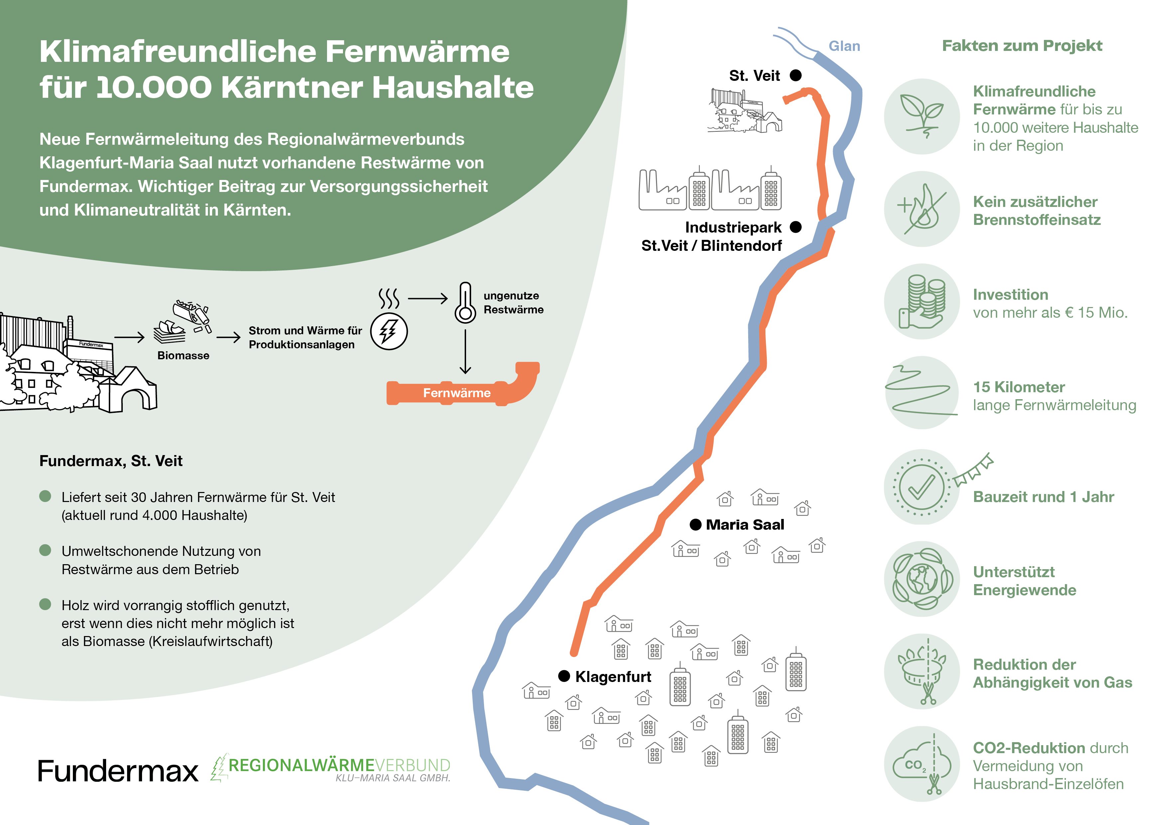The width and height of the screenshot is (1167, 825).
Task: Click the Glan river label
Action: coord(844,46)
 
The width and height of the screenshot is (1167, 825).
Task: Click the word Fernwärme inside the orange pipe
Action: coord(456,393)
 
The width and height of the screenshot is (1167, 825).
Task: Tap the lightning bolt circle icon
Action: coord(389,331)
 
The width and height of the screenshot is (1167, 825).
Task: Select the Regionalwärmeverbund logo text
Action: coord(339,765)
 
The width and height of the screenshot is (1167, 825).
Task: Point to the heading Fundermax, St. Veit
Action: coord(111,461)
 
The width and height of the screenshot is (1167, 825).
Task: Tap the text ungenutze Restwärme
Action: coord(513,302)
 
